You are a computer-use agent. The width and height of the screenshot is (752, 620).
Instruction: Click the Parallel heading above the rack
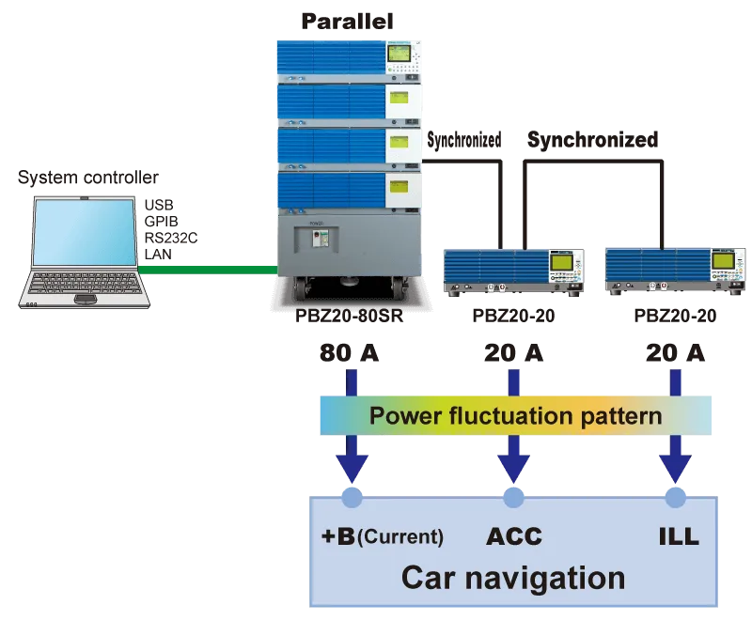click(x=347, y=22)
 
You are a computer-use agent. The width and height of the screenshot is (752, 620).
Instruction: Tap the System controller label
click(x=88, y=178)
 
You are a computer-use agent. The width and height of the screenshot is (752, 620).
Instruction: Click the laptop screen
click(x=85, y=232)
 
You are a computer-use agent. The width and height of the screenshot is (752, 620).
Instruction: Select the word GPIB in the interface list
click(x=161, y=222)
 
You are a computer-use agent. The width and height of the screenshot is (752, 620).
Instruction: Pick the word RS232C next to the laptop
click(x=171, y=238)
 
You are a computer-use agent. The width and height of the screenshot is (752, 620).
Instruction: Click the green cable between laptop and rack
click(x=208, y=271)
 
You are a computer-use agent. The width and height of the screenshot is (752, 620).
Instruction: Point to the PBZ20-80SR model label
click(x=349, y=316)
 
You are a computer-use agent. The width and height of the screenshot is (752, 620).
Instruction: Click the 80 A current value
click(x=349, y=353)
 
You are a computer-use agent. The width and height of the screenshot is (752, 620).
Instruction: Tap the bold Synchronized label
click(x=593, y=140)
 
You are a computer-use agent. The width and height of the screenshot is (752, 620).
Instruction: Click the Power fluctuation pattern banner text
click(x=515, y=415)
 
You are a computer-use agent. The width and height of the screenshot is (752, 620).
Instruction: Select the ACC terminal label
click(x=514, y=536)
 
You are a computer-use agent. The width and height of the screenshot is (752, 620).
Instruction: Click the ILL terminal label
click(x=679, y=536)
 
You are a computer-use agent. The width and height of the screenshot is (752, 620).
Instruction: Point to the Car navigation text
click(x=513, y=578)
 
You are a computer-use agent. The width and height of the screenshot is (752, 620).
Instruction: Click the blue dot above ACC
click(x=513, y=498)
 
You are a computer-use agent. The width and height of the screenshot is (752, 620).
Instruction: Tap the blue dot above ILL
click(x=676, y=498)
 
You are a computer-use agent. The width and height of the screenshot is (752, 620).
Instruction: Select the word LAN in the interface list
click(x=158, y=255)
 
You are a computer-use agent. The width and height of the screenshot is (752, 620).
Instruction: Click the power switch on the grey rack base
click(x=318, y=238)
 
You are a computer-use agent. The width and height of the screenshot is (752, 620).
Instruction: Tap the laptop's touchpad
click(x=86, y=300)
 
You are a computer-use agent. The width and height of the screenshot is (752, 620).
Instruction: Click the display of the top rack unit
click(x=399, y=54)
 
